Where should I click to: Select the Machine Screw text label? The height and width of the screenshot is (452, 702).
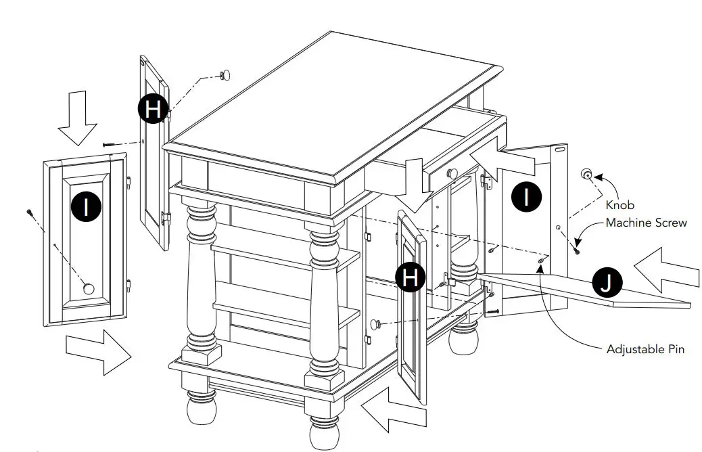coord(646,223)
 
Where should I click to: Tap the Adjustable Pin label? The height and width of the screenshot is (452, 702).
coord(645,349)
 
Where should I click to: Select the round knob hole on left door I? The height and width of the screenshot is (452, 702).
coord(88,289)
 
